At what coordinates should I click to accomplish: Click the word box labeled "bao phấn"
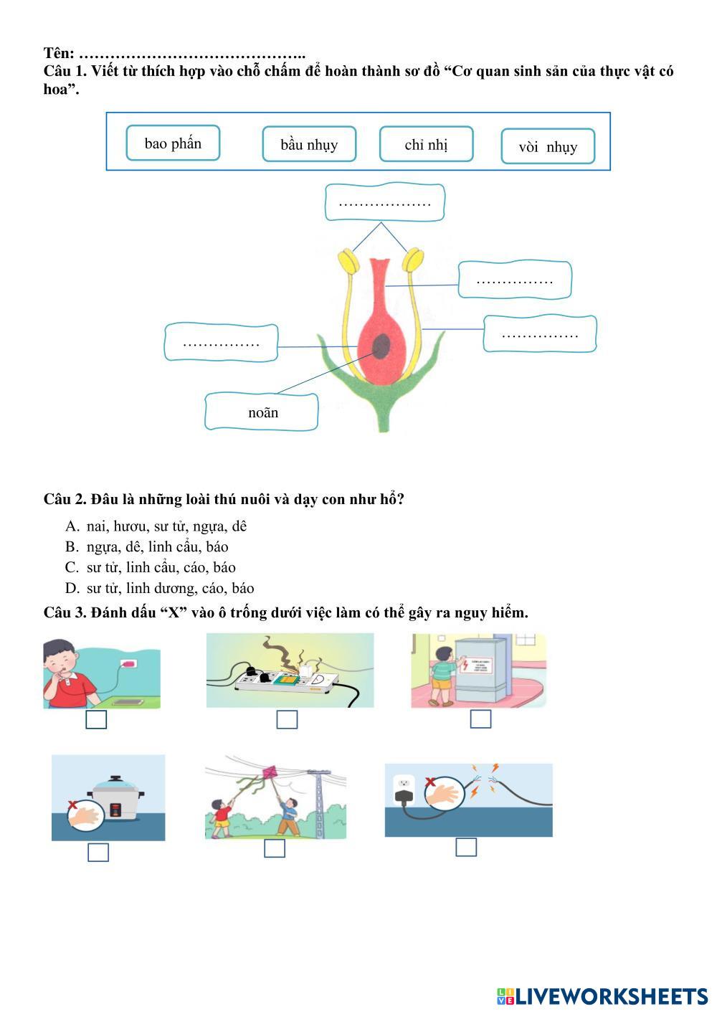pyautogui.click(x=173, y=143)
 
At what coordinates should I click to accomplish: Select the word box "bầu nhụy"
pyautogui.click(x=309, y=144)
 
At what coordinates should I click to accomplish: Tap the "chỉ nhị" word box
pyautogui.click(x=426, y=144)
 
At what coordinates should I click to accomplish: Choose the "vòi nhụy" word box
pyautogui.click(x=548, y=146)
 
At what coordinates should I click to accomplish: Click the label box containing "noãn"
pyautogui.click(x=262, y=412)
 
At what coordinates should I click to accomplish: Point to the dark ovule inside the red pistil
pyautogui.click(x=381, y=346)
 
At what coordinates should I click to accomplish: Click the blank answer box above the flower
pyautogui.click(x=385, y=203)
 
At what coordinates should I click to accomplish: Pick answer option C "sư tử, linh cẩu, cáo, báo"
pyautogui.click(x=161, y=567)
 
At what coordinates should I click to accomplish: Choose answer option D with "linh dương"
pyautogui.click(x=170, y=588)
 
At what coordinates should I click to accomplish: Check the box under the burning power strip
pyautogui.click(x=287, y=719)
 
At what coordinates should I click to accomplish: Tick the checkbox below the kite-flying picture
pyautogui.click(x=275, y=848)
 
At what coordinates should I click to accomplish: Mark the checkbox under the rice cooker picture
pyautogui.click(x=98, y=852)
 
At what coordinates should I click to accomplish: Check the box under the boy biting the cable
pyautogui.click(x=96, y=719)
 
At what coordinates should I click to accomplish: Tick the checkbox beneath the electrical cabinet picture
pyautogui.click(x=480, y=719)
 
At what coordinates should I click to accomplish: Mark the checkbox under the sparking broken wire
pyautogui.click(x=466, y=847)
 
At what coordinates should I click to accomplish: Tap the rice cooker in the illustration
pyautogui.click(x=117, y=799)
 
